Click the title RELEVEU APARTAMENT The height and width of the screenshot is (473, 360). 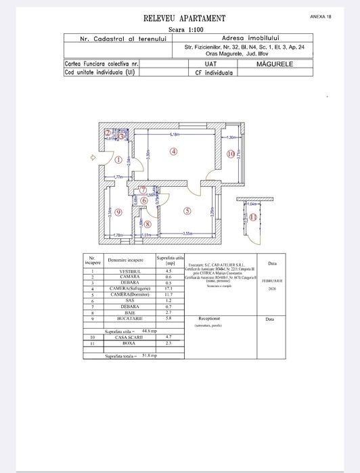point(184,18)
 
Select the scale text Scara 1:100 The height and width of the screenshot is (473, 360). point(184,30)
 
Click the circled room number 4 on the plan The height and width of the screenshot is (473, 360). point(173,152)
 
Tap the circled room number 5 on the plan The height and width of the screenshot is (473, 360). point(187,210)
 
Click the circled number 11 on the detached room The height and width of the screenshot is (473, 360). point(252,217)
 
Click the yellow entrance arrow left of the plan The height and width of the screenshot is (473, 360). point(93,158)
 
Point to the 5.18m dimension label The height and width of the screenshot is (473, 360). point(174,135)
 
